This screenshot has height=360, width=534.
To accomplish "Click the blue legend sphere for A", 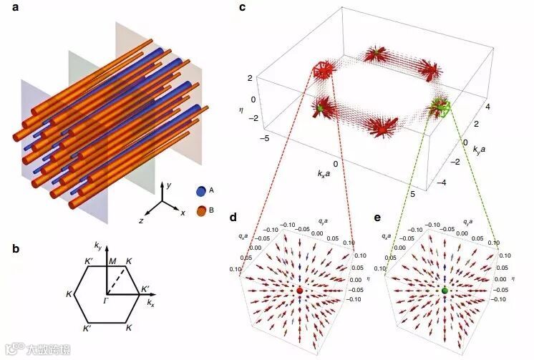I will (x=202, y=191).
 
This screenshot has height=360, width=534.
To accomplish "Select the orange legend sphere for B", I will (x=202, y=210).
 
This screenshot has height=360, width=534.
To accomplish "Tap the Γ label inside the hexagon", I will (x=105, y=299).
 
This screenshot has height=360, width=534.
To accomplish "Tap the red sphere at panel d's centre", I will (x=299, y=291).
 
